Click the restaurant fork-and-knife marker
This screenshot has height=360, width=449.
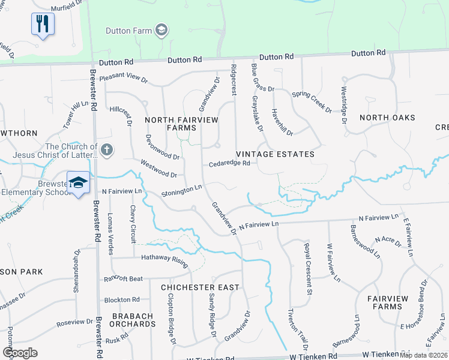click(43, 24)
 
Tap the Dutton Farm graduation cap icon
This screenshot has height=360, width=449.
click(161, 30)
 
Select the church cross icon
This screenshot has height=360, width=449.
click(107, 150)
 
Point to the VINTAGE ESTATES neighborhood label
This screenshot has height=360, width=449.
click(275, 154)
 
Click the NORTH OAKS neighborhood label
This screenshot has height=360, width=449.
click(387, 118)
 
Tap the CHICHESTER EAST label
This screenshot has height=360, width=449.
click(200, 287)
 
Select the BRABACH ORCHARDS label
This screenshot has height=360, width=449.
click(132, 320)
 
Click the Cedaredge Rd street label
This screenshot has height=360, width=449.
click(229, 164)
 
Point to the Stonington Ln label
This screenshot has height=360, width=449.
click(181, 191)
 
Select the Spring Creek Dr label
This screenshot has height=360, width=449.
click(312, 102)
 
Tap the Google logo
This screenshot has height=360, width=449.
click(20, 353)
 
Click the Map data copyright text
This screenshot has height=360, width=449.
click(423, 355)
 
